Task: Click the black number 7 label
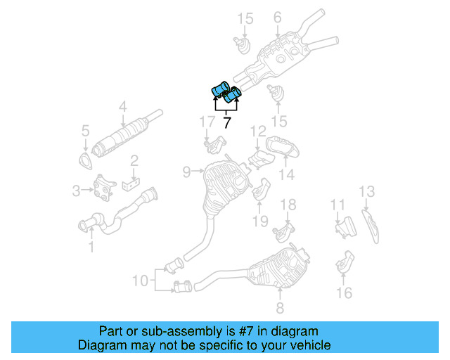coord(226,122)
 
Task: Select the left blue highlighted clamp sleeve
coord(219,90)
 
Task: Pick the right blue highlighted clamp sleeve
coord(233,92)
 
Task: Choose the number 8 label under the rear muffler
coord(279,307)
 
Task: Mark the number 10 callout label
coord(141,280)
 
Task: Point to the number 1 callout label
coord(90,247)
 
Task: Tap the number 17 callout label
coord(206,122)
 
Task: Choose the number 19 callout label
coord(260,221)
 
